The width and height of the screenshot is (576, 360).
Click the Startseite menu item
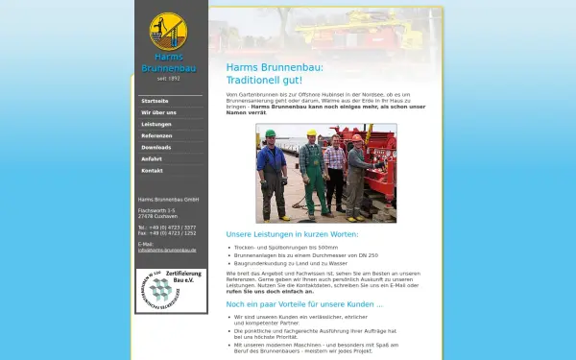click(155, 101)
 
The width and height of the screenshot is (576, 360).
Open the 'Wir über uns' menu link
click(158, 112)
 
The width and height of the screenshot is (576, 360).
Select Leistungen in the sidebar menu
click(156, 124)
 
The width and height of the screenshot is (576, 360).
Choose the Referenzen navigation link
click(156, 135)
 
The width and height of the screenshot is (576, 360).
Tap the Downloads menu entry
click(156, 147)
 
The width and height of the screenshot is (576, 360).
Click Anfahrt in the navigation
click(152, 158)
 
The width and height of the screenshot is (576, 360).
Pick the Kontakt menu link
click(152, 170)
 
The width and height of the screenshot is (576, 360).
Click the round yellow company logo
click(168, 31)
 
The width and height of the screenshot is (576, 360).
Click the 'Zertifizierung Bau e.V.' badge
click(171, 289)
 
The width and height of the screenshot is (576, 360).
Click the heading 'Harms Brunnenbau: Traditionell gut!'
click(275, 74)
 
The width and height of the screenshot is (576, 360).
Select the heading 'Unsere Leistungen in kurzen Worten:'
click(292, 234)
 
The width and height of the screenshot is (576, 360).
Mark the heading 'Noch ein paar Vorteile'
click(304, 303)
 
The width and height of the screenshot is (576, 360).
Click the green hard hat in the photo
click(271, 133)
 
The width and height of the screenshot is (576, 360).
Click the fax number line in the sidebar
click(167, 233)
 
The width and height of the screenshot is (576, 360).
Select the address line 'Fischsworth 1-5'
click(156, 209)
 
